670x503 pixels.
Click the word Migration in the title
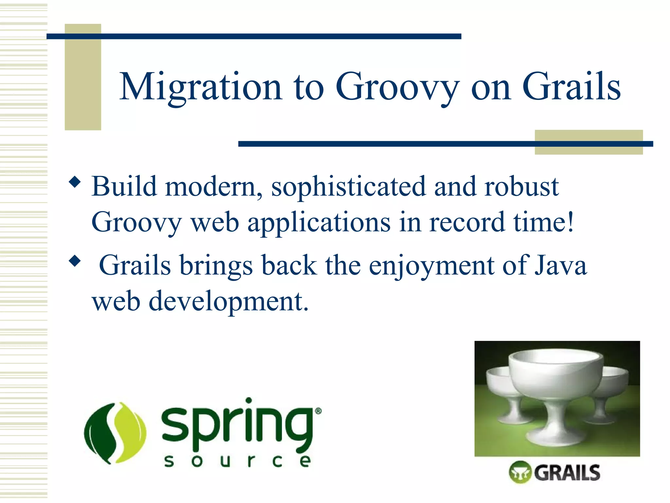(200, 87)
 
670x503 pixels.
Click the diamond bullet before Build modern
(75, 182)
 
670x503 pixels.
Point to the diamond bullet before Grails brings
(75, 261)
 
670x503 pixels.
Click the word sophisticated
(348, 187)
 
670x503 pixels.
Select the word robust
(521, 187)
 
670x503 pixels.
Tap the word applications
(319, 223)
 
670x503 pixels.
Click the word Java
(561, 265)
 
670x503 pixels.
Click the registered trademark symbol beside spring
(318, 411)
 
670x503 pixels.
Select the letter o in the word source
(197, 461)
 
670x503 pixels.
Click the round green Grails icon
(520, 472)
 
